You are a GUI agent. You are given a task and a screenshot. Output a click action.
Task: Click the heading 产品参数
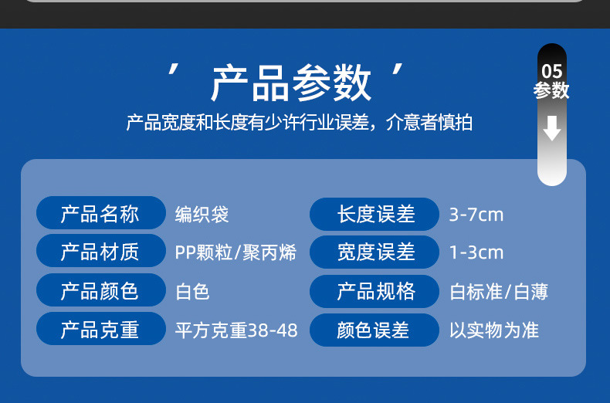(x=291, y=84)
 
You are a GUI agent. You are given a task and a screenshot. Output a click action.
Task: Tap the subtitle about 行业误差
(x=299, y=123)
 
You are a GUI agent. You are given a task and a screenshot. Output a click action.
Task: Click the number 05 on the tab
(x=551, y=72)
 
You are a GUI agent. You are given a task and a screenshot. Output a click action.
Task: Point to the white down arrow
(x=552, y=128)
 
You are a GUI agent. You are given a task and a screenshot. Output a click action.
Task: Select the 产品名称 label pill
(x=100, y=214)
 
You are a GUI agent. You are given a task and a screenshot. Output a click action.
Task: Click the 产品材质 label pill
(x=100, y=252)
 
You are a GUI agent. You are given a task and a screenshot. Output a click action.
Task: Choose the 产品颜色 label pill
(x=100, y=290)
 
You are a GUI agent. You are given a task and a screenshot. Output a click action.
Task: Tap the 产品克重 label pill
(x=100, y=330)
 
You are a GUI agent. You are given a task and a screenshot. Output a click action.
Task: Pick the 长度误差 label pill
(x=375, y=214)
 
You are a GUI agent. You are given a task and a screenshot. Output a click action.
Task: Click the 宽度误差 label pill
(x=375, y=252)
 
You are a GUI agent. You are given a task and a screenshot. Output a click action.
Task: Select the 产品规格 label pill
(x=375, y=290)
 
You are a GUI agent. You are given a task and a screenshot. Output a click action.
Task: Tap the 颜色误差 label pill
(x=375, y=330)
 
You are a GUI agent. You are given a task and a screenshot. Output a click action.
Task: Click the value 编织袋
(x=202, y=214)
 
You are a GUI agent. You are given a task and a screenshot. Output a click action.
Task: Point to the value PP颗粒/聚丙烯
(x=236, y=252)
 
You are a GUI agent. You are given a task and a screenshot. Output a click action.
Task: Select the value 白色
(x=193, y=291)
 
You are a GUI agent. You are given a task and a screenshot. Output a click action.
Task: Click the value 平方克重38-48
(x=236, y=330)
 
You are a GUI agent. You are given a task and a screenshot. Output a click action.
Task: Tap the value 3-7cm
(x=476, y=214)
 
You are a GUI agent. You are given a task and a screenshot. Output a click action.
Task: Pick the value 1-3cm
(x=476, y=252)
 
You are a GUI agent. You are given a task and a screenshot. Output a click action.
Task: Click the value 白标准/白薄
(x=499, y=292)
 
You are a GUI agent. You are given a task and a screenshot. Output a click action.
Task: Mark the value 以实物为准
(x=494, y=330)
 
